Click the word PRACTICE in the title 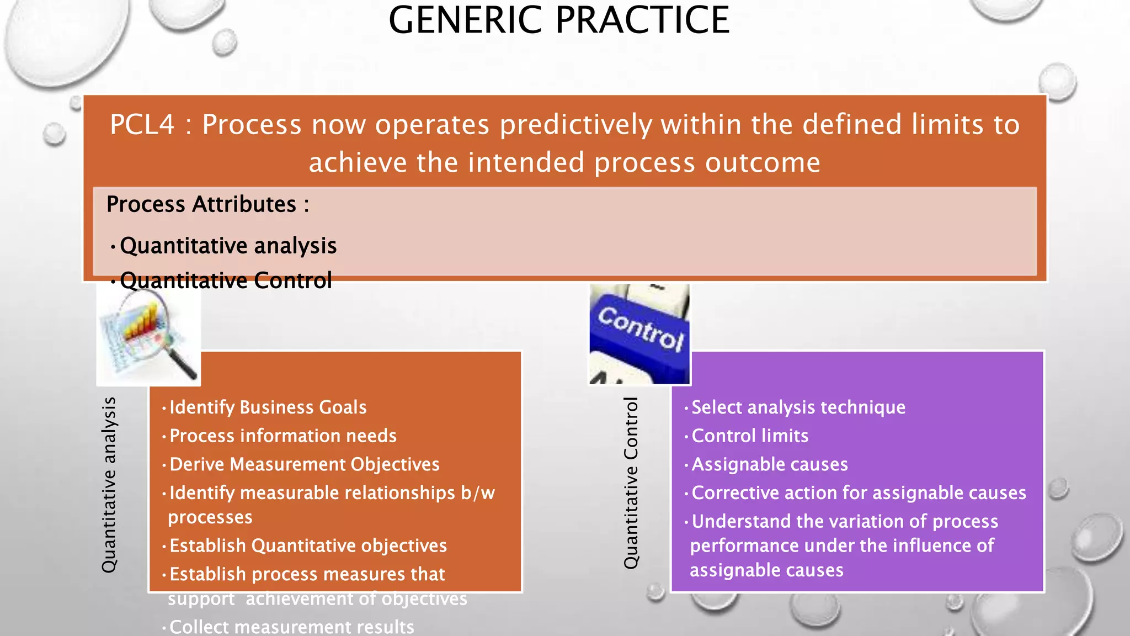click(x=642, y=20)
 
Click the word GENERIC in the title click(x=466, y=20)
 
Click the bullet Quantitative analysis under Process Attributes click(x=228, y=246)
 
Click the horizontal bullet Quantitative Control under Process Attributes click(x=226, y=281)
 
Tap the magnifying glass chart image click(x=148, y=335)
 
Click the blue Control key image click(x=639, y=334)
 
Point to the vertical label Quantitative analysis click(x=109, y=485)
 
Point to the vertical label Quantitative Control click(x=631, y=483)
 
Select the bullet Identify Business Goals click(x=268, y=407)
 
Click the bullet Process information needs click(x=282, y=436)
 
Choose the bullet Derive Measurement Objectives click(x=304, y=464)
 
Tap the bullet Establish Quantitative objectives click(x=308, y=546)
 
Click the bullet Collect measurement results click(x=291, y=627)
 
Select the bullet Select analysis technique click(x=798, y=407)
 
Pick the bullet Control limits click(x=750, y=436)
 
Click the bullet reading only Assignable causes click(x=769, y=464)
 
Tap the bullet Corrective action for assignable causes click(x=859, y=493)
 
